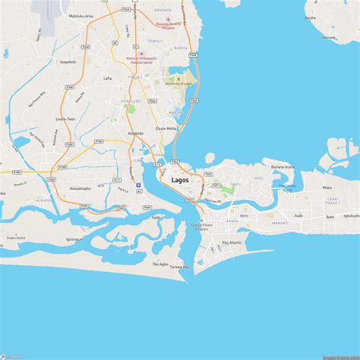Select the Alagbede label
tap(136, 134)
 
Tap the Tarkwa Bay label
tap(178, 267)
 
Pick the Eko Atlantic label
tap(232, 242)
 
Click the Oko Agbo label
tap(160, 264)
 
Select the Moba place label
tap(327, 187)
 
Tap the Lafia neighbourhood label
tap(107, 78)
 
